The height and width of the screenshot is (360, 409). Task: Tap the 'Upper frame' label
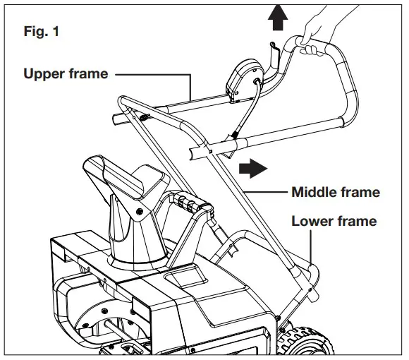click(65, 73)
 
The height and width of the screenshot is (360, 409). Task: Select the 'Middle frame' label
click(336, 192)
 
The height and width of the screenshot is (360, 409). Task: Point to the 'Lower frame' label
click(334, 222)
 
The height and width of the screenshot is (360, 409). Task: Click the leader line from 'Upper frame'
click(152, 73)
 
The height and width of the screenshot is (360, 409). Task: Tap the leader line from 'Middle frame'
click(268, 192)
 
